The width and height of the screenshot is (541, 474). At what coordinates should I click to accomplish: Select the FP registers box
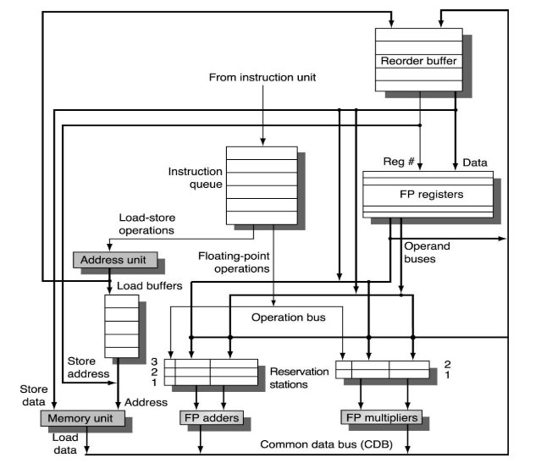[427, 193]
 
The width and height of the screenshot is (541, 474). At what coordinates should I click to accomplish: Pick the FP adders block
[211, 419]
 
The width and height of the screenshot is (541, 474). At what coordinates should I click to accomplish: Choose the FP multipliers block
[382, 419]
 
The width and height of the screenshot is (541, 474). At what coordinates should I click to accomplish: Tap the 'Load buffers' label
[150, 286]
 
